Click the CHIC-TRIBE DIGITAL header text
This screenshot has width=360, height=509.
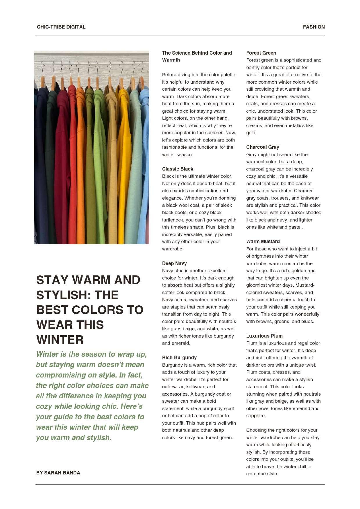[61, 27]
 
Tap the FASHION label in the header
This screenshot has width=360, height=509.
[314, 27]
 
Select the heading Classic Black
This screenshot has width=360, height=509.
[178, 169]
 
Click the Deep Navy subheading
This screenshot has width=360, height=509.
[174, 264]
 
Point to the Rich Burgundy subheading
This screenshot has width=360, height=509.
[179, 358]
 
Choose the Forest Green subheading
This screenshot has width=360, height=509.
[261, 53]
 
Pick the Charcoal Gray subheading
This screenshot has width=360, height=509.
[262, 147]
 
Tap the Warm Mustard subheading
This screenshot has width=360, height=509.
[263, 242]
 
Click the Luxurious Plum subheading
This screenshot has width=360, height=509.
[264, 336]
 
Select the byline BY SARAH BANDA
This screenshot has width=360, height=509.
[58, 473]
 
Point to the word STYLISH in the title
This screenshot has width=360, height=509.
[61, 295]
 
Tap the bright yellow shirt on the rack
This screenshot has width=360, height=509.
[124, 163]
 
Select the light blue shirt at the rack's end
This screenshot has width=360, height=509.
[144, 163]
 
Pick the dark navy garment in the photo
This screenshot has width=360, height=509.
[41, 163]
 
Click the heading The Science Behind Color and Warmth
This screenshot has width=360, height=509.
[197, 56]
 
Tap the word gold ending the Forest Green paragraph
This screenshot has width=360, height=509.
[251, 133]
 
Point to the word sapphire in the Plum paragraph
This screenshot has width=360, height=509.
[255, 416]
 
